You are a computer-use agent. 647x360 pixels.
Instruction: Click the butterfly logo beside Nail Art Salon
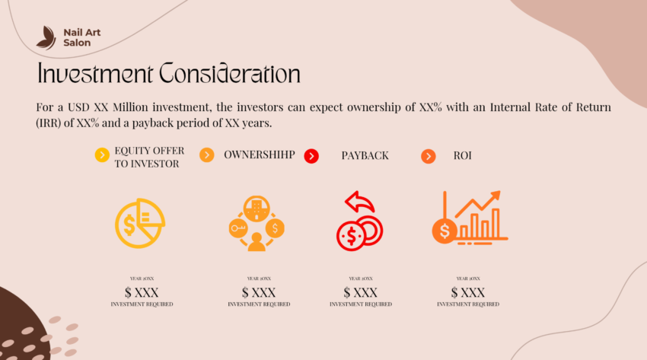pos(46,37)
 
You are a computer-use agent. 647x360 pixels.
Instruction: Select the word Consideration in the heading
pos(229,74)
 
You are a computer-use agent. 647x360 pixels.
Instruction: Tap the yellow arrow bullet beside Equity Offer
pos(102,156)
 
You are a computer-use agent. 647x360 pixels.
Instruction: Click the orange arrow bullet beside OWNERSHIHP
pos(206,155)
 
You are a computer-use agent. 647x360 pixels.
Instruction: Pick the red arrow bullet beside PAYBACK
pos(311,156)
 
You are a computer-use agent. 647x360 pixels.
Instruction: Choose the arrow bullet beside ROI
pos(429,156)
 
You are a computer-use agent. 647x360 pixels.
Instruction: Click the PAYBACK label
pos(365,155)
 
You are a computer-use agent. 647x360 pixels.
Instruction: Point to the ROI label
pos(463,155)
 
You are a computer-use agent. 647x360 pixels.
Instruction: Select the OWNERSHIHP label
pos(259,155)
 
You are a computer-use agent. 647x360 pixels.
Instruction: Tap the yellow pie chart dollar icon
pos(140,221)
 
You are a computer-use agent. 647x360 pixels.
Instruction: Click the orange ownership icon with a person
pos(257,223)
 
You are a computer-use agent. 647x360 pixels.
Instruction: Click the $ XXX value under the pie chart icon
pos(142,292)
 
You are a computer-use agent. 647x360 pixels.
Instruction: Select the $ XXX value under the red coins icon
pos(360,292)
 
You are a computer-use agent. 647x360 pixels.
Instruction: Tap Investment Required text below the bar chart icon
pos(468,304)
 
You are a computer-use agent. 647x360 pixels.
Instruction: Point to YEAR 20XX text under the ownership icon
pos(259,279)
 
